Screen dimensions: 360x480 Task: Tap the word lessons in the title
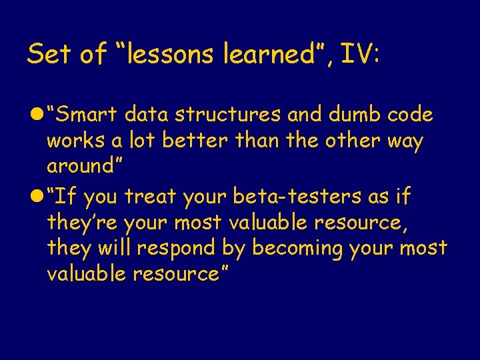[x=169, y=55]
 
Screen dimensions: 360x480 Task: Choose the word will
[x=115, y=248]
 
